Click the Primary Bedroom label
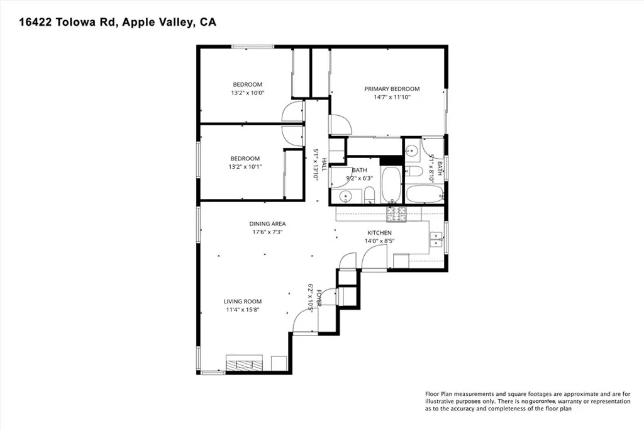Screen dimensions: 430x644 pyautogui.click(x=392, y=89)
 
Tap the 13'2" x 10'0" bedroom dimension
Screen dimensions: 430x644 pyautogui.click(x=247, y=93)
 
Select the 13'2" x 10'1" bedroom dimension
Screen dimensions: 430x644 pyautogui.click(x=245, y=167)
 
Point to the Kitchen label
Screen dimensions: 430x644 pyautogui.click(x=379, y=233)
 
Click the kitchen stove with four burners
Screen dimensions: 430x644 pyautogui.click(x=396, y=215)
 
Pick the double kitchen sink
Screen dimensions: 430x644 pyautogui.click(x=435, y=238)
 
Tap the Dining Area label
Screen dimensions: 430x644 pyautogui.click(x=268, y=223)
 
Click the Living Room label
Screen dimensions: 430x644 pyautogui.click(x=242, y=302)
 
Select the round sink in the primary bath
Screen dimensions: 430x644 pyautogui.click(x=412, y=150)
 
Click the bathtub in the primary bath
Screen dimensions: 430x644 pyautogui.click(x=425, y=194)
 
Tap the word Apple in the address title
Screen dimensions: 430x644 pyautogui.click(x=143, y=23)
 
